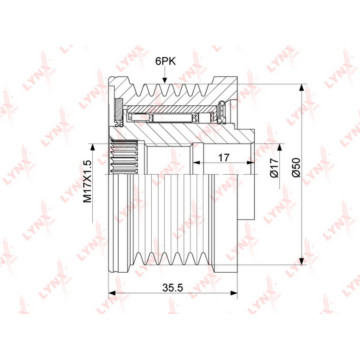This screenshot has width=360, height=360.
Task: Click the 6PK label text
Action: (x=165, y=61)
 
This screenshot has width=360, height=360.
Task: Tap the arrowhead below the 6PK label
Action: (x=164, y=80)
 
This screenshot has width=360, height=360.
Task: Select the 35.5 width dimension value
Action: (x=173, y=288)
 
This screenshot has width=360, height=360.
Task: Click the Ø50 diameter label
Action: (x=295, y=168)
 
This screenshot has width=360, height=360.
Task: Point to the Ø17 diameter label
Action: (x=274, y=168)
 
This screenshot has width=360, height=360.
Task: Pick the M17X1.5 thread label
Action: (x=87, y=181)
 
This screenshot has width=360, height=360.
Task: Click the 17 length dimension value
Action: (x=225, y=158)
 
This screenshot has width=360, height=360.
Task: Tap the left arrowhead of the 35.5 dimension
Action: (x=112, y=293)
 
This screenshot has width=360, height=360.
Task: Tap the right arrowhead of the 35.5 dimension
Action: (x=234, y=293)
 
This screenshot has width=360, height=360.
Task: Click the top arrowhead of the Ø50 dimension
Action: (x=302, y=88)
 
